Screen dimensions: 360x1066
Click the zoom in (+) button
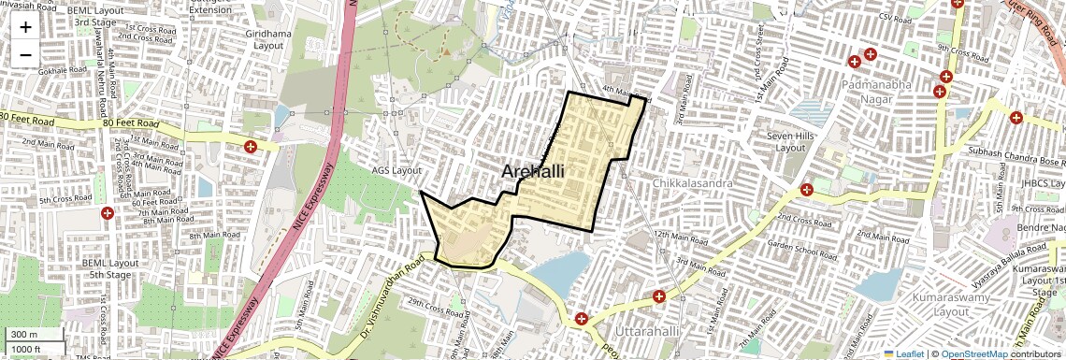[x=25, y=27]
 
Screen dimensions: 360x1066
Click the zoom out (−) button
[x=25, y=54]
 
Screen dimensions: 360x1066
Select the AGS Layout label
[x=397, y=170]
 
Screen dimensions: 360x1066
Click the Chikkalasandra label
[x=693, y=183]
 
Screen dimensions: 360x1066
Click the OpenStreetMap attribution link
[x=973, y=353]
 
